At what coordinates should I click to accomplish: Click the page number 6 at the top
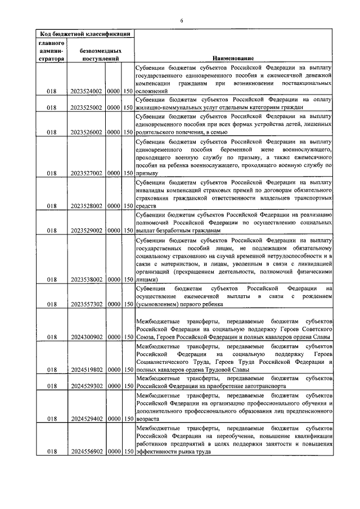182,21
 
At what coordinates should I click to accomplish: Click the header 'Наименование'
233,58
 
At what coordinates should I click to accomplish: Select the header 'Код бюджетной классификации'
82,34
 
